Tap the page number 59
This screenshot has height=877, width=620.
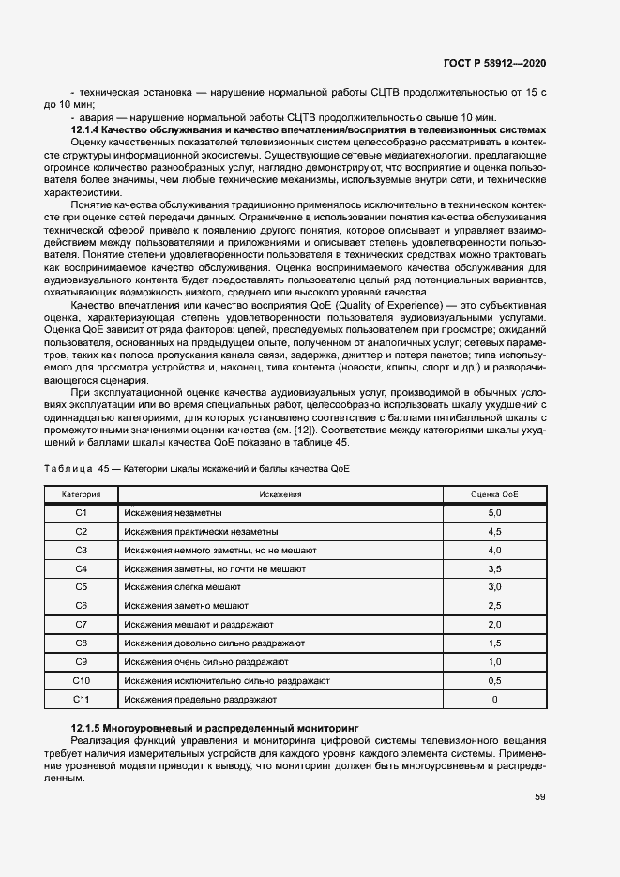(x=540, y=797)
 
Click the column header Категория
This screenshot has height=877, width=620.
(x=81, y=493)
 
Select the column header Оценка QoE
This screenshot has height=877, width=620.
(x=494, y=493)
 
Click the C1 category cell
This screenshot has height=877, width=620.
(x=81, y=512)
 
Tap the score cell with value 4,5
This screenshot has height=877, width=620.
(x=494, y=531)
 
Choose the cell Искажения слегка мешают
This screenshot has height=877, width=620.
(x=182, y=586)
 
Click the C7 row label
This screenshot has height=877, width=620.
(x=81, y=624)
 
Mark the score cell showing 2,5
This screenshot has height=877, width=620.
(x=494, y=605)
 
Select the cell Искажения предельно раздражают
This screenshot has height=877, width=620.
(x=200, y=699)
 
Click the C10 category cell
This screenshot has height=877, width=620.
(x=81, y=680)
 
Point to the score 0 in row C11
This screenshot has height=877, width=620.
(x=494, y=699)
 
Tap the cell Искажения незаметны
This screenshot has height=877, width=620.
(x=173, y=512)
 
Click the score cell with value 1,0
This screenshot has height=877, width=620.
(x=494, y=661)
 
